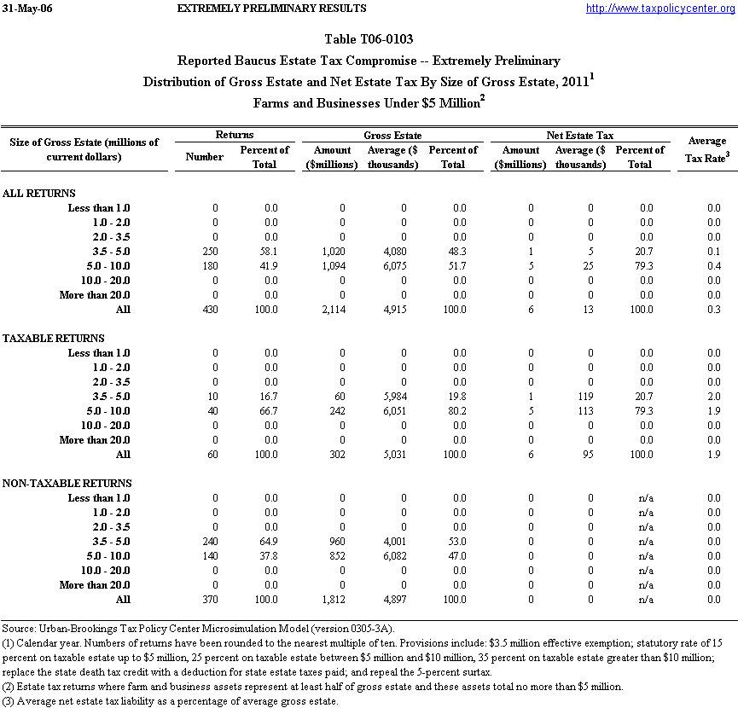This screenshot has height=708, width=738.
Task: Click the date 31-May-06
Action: click(x=28, y=9)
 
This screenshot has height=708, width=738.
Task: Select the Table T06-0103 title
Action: click(x=369, y=40)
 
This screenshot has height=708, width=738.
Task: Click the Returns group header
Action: click(x=234, y=135)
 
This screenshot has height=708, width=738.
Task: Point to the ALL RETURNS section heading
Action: click(x=39, y=194)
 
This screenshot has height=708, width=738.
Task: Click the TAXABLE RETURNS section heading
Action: click(x=54, y=339)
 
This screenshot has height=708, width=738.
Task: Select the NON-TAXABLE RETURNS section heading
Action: click(x=67, y=484)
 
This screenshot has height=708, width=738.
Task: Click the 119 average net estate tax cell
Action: click(x=584, y=397)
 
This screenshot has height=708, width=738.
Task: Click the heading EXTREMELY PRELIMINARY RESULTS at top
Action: click(x=271, y=9)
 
